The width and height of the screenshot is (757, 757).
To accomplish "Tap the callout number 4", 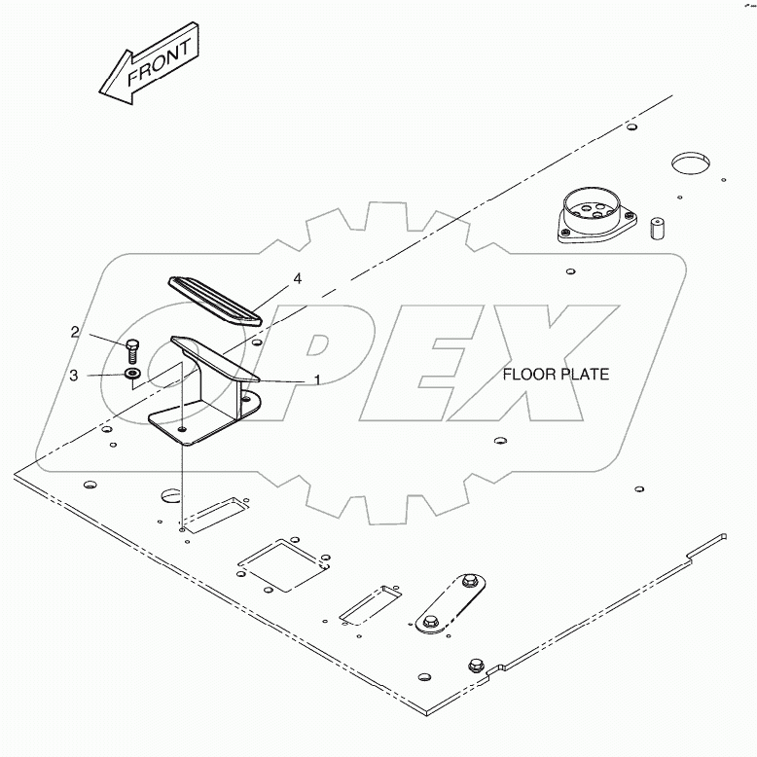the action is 298,278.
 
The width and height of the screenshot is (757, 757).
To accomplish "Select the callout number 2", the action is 75,332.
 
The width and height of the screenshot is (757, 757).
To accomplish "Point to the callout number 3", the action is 73,376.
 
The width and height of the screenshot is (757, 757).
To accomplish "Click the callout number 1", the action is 317,380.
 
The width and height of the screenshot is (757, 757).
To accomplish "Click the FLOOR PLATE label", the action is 556,375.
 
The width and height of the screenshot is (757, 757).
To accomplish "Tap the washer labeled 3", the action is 131,374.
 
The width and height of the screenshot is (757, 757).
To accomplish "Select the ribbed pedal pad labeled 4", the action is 215,302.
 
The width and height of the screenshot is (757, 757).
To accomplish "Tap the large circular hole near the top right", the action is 692,164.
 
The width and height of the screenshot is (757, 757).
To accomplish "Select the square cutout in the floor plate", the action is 283,565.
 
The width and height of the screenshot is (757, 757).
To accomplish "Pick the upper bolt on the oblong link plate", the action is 469,580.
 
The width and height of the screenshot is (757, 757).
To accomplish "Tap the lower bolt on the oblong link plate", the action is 430,622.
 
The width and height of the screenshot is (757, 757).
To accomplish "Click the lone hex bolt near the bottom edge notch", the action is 476,666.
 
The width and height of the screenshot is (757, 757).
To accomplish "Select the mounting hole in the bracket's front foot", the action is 182,429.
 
